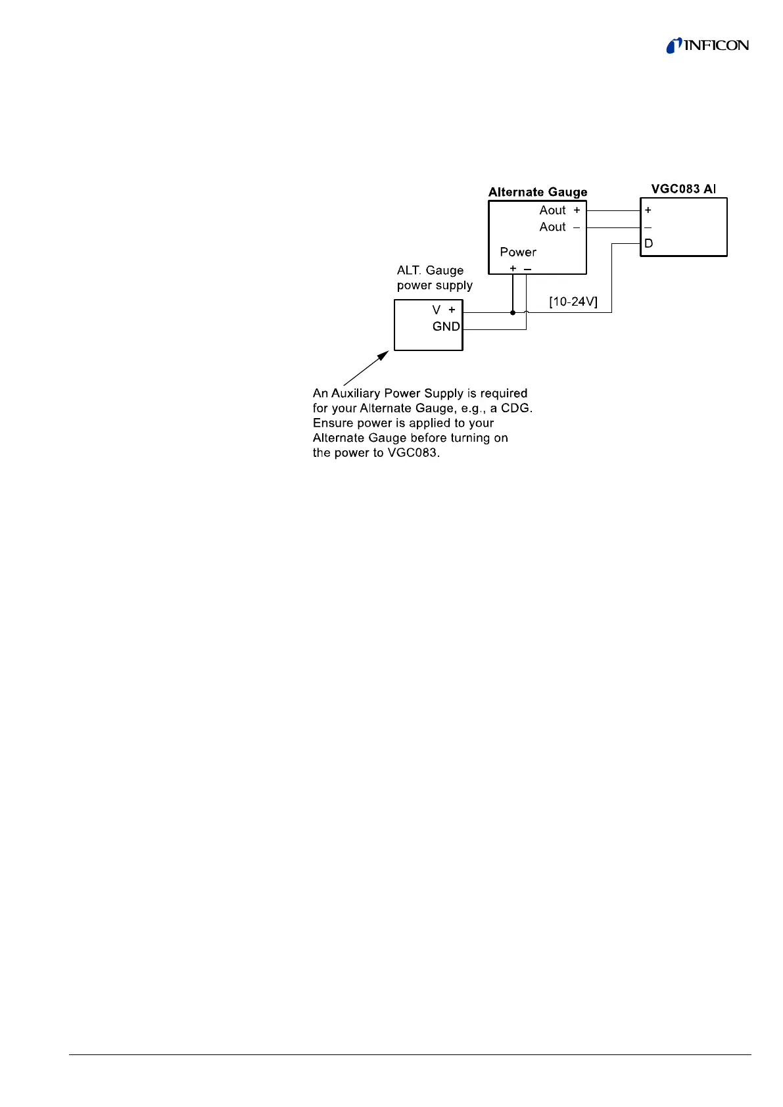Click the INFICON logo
pos(707,45)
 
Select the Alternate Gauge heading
pos(537,192)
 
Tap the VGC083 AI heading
pos(683,189)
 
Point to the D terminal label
pos(648,244)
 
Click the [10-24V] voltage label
pos(573,301)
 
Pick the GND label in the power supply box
pos(446,327)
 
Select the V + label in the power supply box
pos(444,310)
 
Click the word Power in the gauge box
pos(518,252)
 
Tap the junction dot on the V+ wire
pos(513,313)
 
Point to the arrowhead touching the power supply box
pos(383,356)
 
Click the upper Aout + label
pos(559,210)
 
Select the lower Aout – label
pos(559,227)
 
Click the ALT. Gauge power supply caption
pos(434,278)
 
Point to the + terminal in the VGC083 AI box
pos(648,210)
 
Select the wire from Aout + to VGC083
pos(613,210)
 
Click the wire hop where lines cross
pos(527,312)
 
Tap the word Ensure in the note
pos(332,423)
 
